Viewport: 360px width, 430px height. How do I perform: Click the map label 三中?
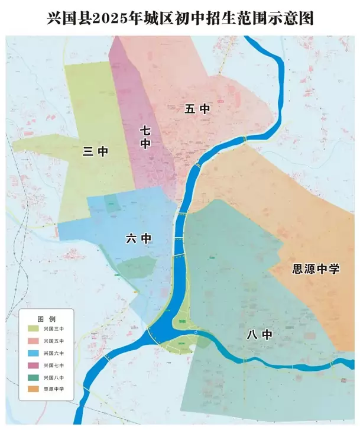tap(95, 151)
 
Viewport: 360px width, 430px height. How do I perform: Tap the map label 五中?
tap(197, 109)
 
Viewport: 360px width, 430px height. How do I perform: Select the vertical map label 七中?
tap(145, 137)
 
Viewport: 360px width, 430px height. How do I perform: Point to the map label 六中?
tap(139, 238)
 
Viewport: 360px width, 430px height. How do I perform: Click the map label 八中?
tap(259, 335)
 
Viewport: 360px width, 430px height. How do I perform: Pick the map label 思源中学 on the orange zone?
tap(316, 269)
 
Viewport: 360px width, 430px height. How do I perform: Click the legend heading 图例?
tap(46, 318)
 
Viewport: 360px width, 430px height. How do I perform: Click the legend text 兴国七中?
tap(54, 366)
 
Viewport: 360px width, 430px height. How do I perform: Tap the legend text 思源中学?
tap(54, 389)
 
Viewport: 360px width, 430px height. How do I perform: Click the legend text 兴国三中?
tap(54, 329)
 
